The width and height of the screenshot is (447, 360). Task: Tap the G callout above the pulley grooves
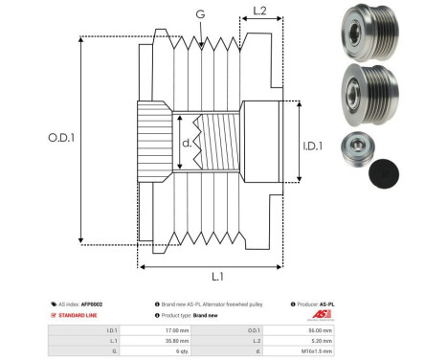pyautogui.click(x=199, y=14)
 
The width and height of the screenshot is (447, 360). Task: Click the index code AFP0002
pyautogui.click(x=91, y=304)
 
